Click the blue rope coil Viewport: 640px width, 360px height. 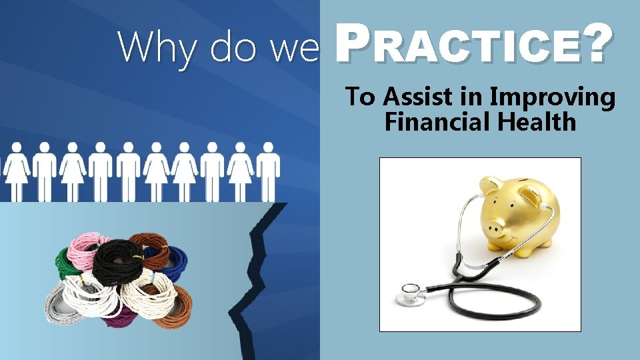point(175,259)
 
